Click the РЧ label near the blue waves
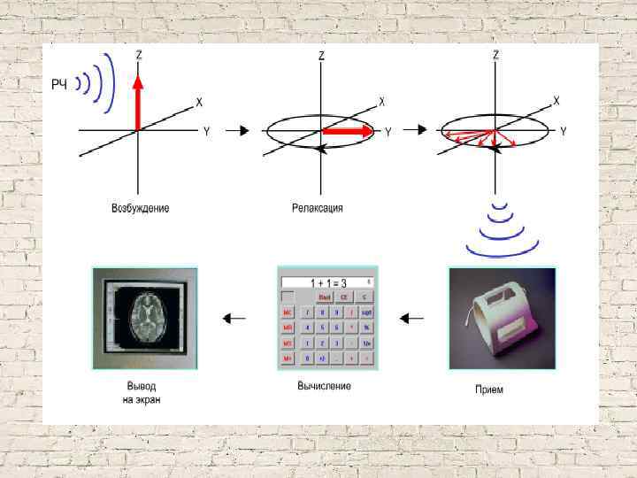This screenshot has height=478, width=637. click(x=59, y=84)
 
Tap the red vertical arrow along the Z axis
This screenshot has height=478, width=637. click(x=137, y=102)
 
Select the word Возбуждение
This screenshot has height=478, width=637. click(x=141, y=209)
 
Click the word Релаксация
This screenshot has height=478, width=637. click(x=318, y=209)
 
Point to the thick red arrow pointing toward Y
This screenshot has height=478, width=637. click(x=349, y=131)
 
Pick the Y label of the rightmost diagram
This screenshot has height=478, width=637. click(x=563, y=131)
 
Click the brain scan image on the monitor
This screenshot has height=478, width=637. click(x=144, y=315)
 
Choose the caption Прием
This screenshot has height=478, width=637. click(x=489, y=389)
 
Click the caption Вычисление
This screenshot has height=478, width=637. click(x=325, y=386)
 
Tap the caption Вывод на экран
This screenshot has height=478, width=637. click(x=142, y=393)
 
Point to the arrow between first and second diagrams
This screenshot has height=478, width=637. click(x=236, y=131)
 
